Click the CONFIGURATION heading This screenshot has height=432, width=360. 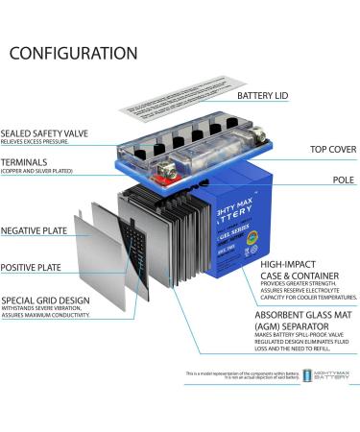coord(73,53)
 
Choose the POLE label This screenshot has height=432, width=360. coord(343,180)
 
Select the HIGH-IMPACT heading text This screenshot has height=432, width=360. coord(290,263)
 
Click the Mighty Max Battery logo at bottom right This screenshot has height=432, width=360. coord(327,375)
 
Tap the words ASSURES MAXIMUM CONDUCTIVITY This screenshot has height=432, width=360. coord(54,316)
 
